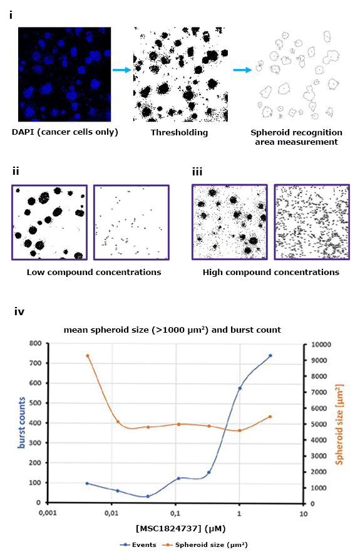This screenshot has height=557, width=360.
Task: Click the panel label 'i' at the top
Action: (x=11, y=15)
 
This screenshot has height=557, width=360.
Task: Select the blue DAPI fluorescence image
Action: (x=65, y=74)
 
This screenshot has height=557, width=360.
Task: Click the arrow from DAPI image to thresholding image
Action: (x=122, y=70)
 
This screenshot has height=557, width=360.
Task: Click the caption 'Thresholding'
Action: (x=179, y=133)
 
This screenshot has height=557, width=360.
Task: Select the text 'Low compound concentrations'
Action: (x=94, y=272)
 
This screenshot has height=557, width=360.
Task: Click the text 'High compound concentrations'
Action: (x=270, y=272)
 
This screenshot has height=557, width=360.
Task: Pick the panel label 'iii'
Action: (x=198, y=171)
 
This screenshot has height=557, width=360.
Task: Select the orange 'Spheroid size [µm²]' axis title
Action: (x=346, y=422)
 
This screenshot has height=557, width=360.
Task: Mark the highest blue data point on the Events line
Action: (x=270, y=355)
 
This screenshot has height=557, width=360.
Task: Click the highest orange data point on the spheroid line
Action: (x=88, y=356)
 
